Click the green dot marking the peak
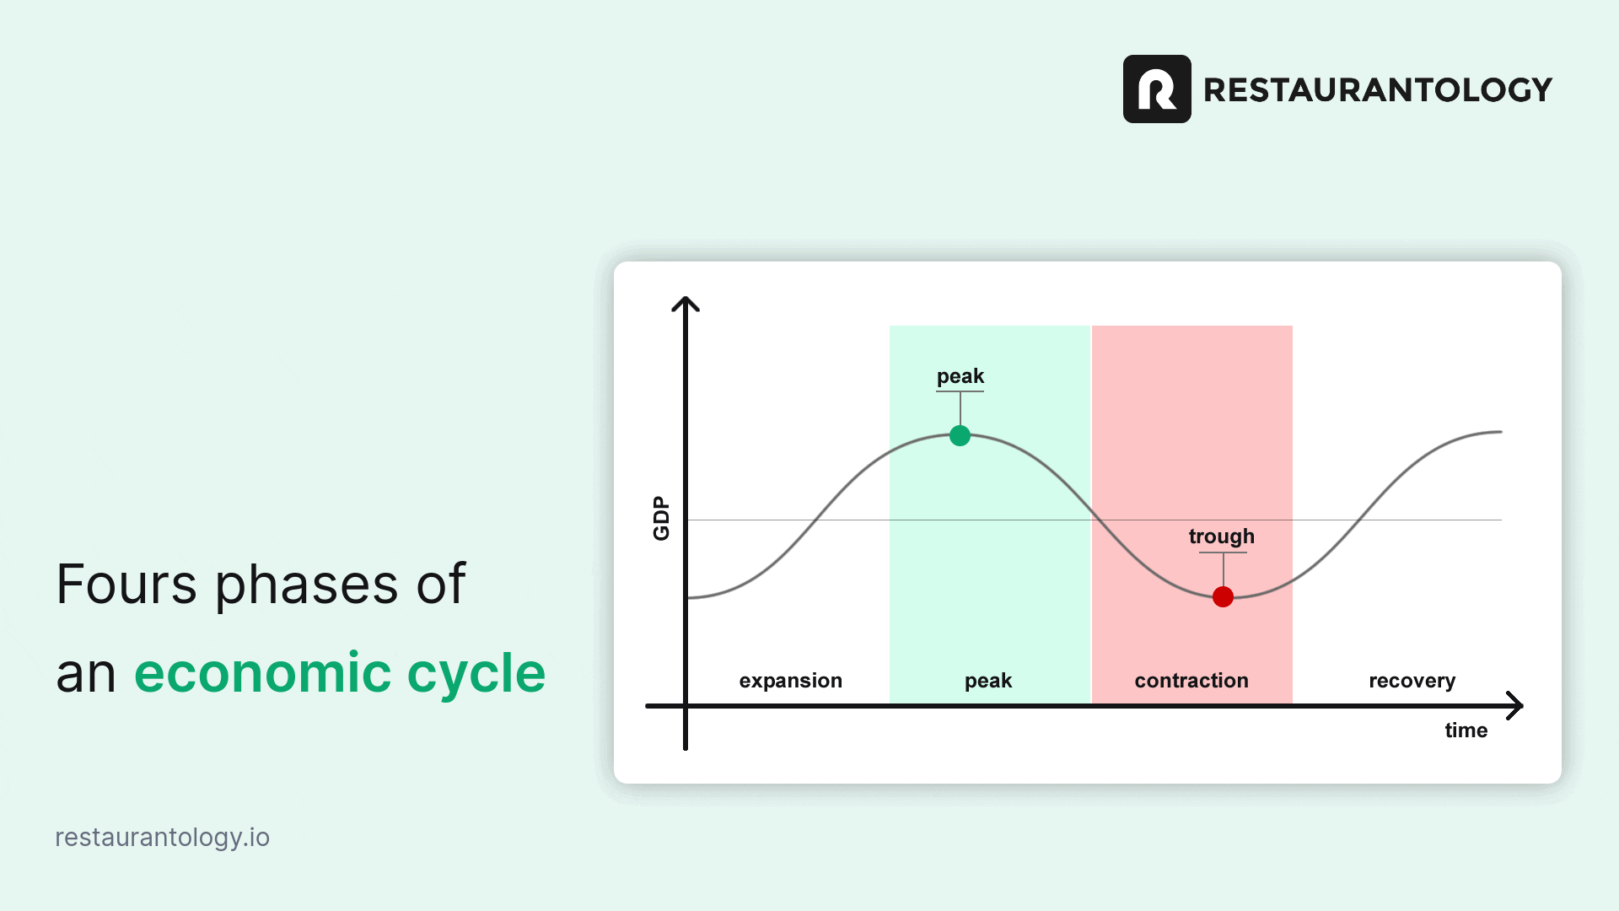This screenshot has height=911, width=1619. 960,435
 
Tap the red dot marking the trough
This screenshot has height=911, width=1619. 1223,596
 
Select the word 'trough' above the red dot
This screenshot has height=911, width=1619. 1222,536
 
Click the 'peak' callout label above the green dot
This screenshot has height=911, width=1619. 960,376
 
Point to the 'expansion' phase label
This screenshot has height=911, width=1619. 791,681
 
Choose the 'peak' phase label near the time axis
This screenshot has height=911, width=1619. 988,681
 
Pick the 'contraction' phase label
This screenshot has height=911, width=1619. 1191,681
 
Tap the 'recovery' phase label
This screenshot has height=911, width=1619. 1412,681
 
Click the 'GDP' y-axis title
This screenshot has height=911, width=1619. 661,518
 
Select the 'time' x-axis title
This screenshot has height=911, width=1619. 1466,730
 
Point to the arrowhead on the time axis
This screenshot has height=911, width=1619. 1515,706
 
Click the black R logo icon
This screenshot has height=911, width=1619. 1157,89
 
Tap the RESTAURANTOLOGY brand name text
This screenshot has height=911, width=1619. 1378,89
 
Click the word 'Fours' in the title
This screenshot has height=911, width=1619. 126,584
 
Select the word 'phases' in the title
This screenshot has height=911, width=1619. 306,585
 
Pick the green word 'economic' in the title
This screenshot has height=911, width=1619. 263,673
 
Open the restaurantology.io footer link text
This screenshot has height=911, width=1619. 163,838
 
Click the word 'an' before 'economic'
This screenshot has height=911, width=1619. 86,675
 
